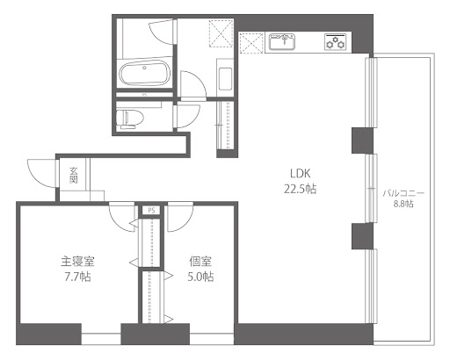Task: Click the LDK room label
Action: [x=300, y=174]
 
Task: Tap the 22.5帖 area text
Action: [x=300, y=189]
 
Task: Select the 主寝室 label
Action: [x=77, y=262]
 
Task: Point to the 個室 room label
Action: [x=200, y=262]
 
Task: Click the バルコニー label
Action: [x=403, y=193]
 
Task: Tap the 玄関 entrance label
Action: [x=73, y=175]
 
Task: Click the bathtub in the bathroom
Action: [x=145, y=73]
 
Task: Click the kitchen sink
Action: [x=282, y=41]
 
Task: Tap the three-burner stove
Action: [x=335, y=41]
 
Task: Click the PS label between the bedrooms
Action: [x=151, y=210]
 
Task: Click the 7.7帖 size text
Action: [x=77, y=277]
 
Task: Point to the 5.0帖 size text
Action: [x=200, y=277]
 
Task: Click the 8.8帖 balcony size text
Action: [x=403, y=204]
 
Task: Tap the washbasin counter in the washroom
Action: [x=225, y=77]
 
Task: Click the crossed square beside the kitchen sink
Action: [x=251, y=43]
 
